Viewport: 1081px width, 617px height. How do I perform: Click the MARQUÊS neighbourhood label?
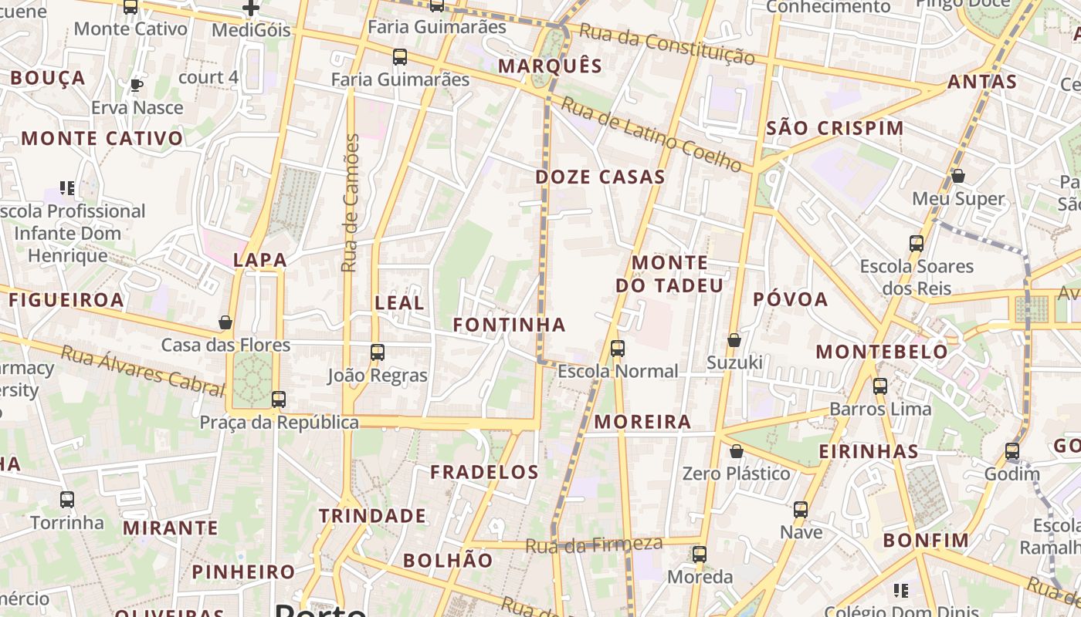point(550,66)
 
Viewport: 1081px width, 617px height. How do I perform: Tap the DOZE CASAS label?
point(600,177)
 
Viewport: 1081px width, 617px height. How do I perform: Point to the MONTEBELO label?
point(882,352)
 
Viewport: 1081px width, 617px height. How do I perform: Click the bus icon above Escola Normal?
point(618,349)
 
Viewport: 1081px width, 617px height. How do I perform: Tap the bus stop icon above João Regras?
point(378,352)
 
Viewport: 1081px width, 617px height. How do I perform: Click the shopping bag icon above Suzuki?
point(734,340)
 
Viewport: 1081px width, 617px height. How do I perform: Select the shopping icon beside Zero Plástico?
point(737,451)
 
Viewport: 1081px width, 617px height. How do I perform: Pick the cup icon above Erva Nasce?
point(137,85)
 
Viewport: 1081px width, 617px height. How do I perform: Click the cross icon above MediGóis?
point(251,8)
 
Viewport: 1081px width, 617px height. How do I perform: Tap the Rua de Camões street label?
point(351,203)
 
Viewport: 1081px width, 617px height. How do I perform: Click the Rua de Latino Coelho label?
point(650,133)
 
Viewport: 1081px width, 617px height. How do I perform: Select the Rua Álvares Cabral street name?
point(142,371)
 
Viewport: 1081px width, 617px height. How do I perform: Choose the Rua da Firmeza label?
point(594,545)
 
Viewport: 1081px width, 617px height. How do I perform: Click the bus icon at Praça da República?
point(279,400)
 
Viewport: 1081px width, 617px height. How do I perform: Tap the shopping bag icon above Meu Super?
point(958,177)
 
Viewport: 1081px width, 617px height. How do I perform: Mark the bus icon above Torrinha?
point(67,500)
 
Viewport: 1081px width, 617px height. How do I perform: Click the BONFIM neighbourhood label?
point(926,541)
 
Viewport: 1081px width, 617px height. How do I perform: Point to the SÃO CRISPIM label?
point(834,129)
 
